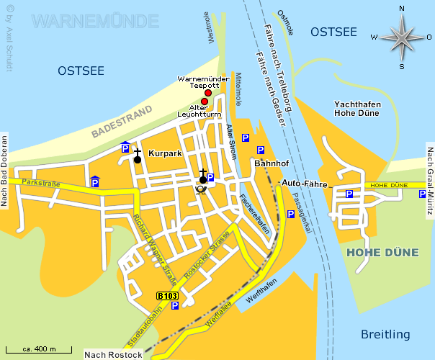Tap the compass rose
click(x=401, y=37)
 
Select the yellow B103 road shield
click(x=166, y=295)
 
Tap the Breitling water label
click(x=386, y=334)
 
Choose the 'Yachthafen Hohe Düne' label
click(x=357, y=109)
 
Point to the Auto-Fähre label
click(x=304, y=183)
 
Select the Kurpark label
click(x=165, y=153)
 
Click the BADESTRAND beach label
click(x=122, y=121)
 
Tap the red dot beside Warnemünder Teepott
click(x=208, y=93)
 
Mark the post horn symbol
click(x=201, y=189)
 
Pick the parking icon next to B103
click(x=175, y=305)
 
